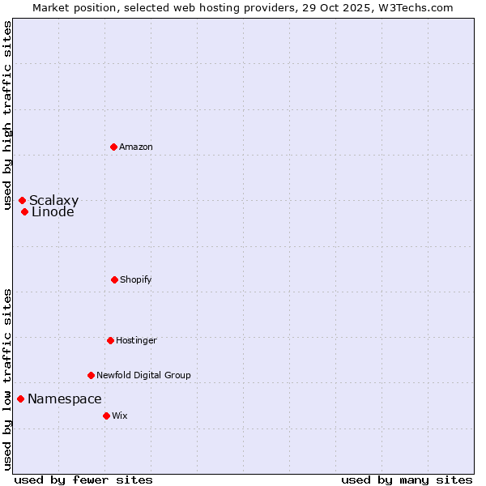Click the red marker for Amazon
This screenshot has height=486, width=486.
114,147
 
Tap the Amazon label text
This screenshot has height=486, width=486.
136,147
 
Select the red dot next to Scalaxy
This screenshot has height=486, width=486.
22,200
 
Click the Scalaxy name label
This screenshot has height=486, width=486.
54,200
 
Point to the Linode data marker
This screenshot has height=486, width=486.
25,212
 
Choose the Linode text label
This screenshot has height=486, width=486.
53,212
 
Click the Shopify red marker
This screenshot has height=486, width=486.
114,279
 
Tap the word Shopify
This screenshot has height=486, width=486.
136,279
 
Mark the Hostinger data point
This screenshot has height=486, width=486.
110,340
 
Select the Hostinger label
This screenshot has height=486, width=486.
136,340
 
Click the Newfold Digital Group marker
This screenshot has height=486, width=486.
91,375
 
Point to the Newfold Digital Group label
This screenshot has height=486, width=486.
143,375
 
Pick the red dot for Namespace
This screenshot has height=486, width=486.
20,399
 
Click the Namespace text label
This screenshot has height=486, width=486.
65,399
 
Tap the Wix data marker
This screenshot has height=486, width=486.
106,416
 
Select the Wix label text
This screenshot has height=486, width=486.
120,416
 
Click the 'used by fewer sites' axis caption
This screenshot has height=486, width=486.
83,480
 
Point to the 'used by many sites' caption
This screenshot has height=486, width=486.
407,480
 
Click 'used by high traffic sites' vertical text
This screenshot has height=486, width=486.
7,115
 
